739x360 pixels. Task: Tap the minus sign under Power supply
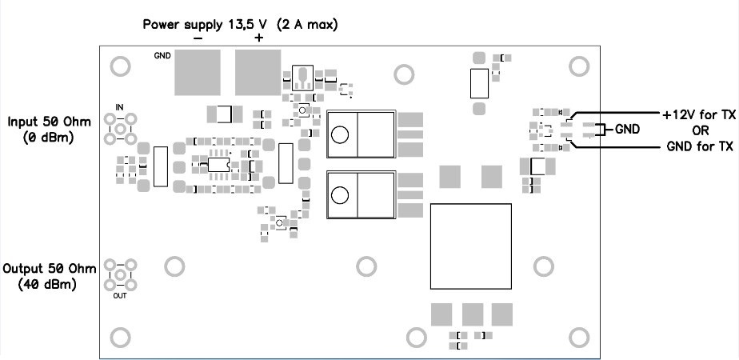click(x=198, y=38)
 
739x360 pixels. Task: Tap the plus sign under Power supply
click(x=258, y=38)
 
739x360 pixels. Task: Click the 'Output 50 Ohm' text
click(x=50, y=268)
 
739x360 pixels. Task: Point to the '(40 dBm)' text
click(x=47, y=283)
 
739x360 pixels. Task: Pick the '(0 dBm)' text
click(x=47, y=138)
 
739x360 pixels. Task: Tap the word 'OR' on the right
click(x=698, y=130)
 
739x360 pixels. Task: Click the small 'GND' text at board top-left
click(x=162, y=56)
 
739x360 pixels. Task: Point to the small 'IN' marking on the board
click(x=120, y=107)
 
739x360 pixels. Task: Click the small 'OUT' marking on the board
click(x=120, y=294)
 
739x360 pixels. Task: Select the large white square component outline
click(x=470, y=246)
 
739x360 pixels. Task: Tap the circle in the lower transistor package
click(x=341, y=194)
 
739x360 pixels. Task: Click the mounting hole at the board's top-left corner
click(x=120, y=66)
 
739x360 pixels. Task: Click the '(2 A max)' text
click(x=307, y=24)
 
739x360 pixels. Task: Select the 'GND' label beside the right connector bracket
click(x=628, y=130)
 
